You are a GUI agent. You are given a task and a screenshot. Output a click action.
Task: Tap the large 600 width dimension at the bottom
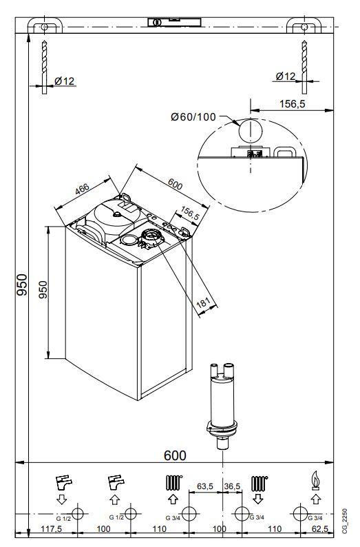(175, 455)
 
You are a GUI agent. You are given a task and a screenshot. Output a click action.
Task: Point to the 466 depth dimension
(83, 190)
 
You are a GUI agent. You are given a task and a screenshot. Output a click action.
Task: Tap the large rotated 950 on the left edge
(21, 284)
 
